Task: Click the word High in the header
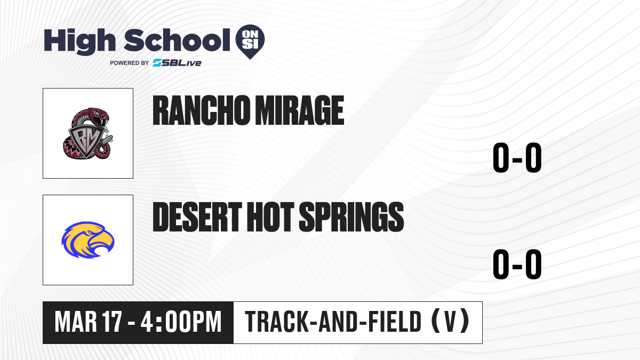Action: (79, 41)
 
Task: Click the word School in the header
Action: (177, 39)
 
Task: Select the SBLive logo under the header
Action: (177, 63)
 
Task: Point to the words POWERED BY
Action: (130, 63)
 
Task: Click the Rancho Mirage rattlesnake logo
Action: (88, 133)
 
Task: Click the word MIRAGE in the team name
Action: (299, 110)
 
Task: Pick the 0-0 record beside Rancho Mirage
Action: (517, 158)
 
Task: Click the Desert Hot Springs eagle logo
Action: (88, 240)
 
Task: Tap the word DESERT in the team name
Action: (197, 217)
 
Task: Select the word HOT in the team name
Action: (270, 217)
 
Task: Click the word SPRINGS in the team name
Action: (351, 217)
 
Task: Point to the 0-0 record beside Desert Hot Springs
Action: (517, 265)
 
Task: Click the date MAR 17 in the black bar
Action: (89, 322)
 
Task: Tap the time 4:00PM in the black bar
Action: (181, 322)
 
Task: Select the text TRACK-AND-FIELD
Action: (333, 322)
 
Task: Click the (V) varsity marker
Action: (450, 322)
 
